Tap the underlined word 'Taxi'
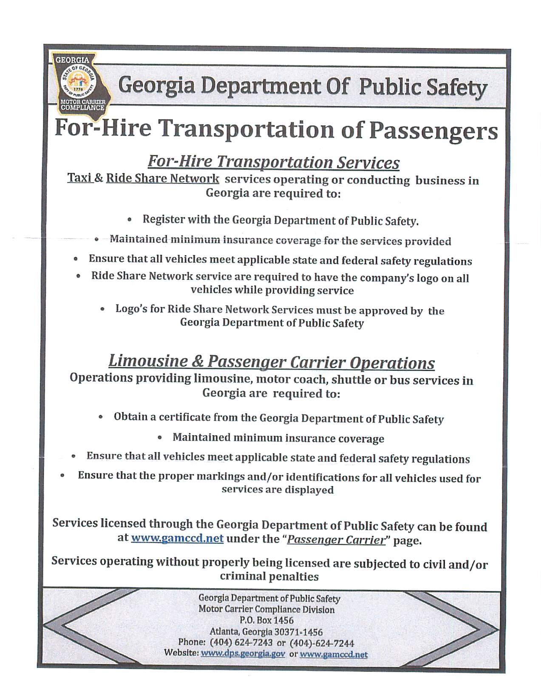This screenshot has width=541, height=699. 79,178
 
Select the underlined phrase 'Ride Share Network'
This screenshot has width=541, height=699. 162,178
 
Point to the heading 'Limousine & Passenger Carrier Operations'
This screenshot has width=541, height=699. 272,362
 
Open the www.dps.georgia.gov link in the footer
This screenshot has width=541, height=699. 243,654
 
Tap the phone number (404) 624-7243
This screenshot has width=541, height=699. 241,643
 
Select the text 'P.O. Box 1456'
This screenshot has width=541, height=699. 266,620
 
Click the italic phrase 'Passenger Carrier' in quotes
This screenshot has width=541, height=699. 335,540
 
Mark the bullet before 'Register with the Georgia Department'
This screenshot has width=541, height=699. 130,220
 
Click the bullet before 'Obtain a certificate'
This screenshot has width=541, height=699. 101,417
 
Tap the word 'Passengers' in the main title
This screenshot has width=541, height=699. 433,130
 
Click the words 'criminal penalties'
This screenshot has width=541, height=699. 269,576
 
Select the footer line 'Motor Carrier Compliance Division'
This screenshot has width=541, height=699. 266,609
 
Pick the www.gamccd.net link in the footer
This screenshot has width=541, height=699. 334,654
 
